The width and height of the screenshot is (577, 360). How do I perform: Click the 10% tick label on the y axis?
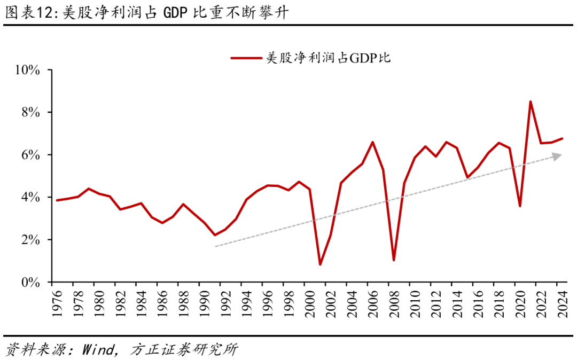[x=28, y=70]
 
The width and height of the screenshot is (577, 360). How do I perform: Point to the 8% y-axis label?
[x=30, y=112]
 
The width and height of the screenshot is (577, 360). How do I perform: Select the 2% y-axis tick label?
[x=30, y=240]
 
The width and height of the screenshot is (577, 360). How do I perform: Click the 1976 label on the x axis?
[x=57, y=302]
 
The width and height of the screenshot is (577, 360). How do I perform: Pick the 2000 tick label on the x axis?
[x=309, y=302]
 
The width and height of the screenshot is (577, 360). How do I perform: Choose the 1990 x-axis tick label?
[x=204, y=302]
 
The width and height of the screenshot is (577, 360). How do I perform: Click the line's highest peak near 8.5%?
[x=530, y=101]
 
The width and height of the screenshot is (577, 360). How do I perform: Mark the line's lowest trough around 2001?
[x=320, y=264]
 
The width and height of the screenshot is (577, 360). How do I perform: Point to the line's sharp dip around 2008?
[x=394, y=260]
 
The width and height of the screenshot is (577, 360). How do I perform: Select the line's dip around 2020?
[x=519, y=206]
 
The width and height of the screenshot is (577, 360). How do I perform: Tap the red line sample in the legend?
[x=247, y=58]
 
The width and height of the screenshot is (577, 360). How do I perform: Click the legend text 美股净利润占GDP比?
[x=329, y=58]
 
